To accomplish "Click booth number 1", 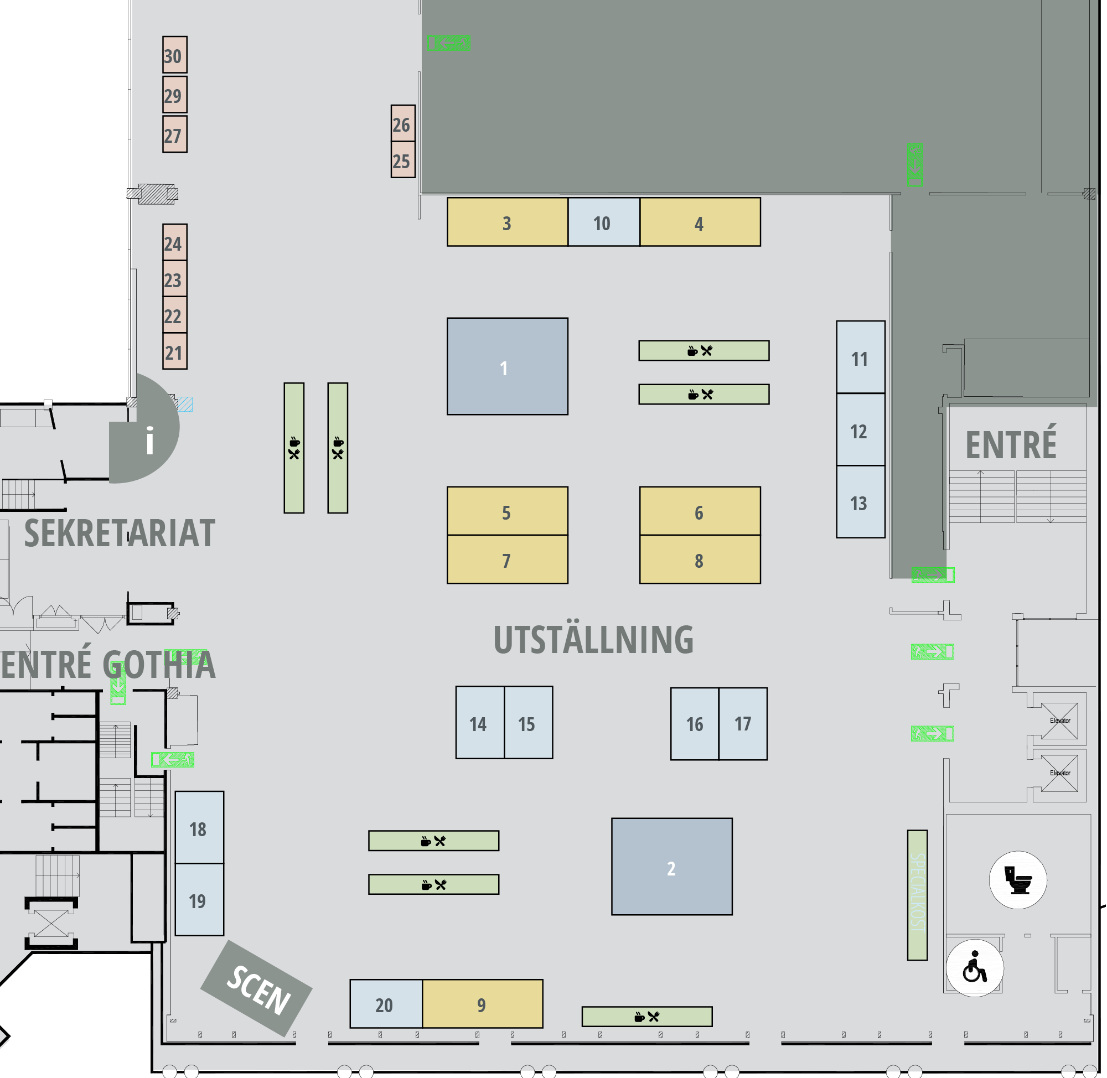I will click(x=507, y=366).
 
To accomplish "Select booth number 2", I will click(x=671, y=866).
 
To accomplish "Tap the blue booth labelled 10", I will click(x=604, y=222).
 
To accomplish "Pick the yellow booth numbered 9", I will click(x=483, y=1003).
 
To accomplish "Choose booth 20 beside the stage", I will click(x=386, y=1003).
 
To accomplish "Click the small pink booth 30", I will click(x=174, y=55).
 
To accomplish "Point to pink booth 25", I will click(x=402, y=160).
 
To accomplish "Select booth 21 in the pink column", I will click(x=174, y=351).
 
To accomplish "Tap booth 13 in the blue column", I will click(x=860, y=501).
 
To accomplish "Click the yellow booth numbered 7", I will click(x=507, y=559).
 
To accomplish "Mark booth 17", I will click(x=743, y=724).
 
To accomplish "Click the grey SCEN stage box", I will click(x=256, y=988).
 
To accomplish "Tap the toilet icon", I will click(x=1017, y=880).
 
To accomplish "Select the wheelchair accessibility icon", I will click(x=975, y=967).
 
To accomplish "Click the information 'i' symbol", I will click(x=149, y=440).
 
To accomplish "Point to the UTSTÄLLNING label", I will click(x=593, y=639).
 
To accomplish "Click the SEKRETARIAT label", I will click(x=120, y=533).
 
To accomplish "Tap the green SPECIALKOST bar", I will click(x=917, y=895).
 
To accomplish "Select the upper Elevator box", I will click(x=1059, y=721).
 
